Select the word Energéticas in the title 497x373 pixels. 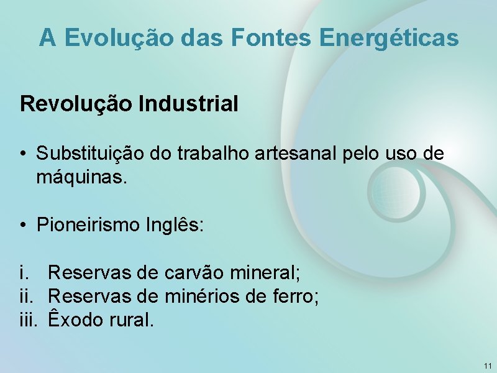pyautogui.click(x=390, y=39)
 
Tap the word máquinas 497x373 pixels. pyautogui.click(x=82, y=178)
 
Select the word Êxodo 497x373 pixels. pyautogui.click(x=74, y=320)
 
